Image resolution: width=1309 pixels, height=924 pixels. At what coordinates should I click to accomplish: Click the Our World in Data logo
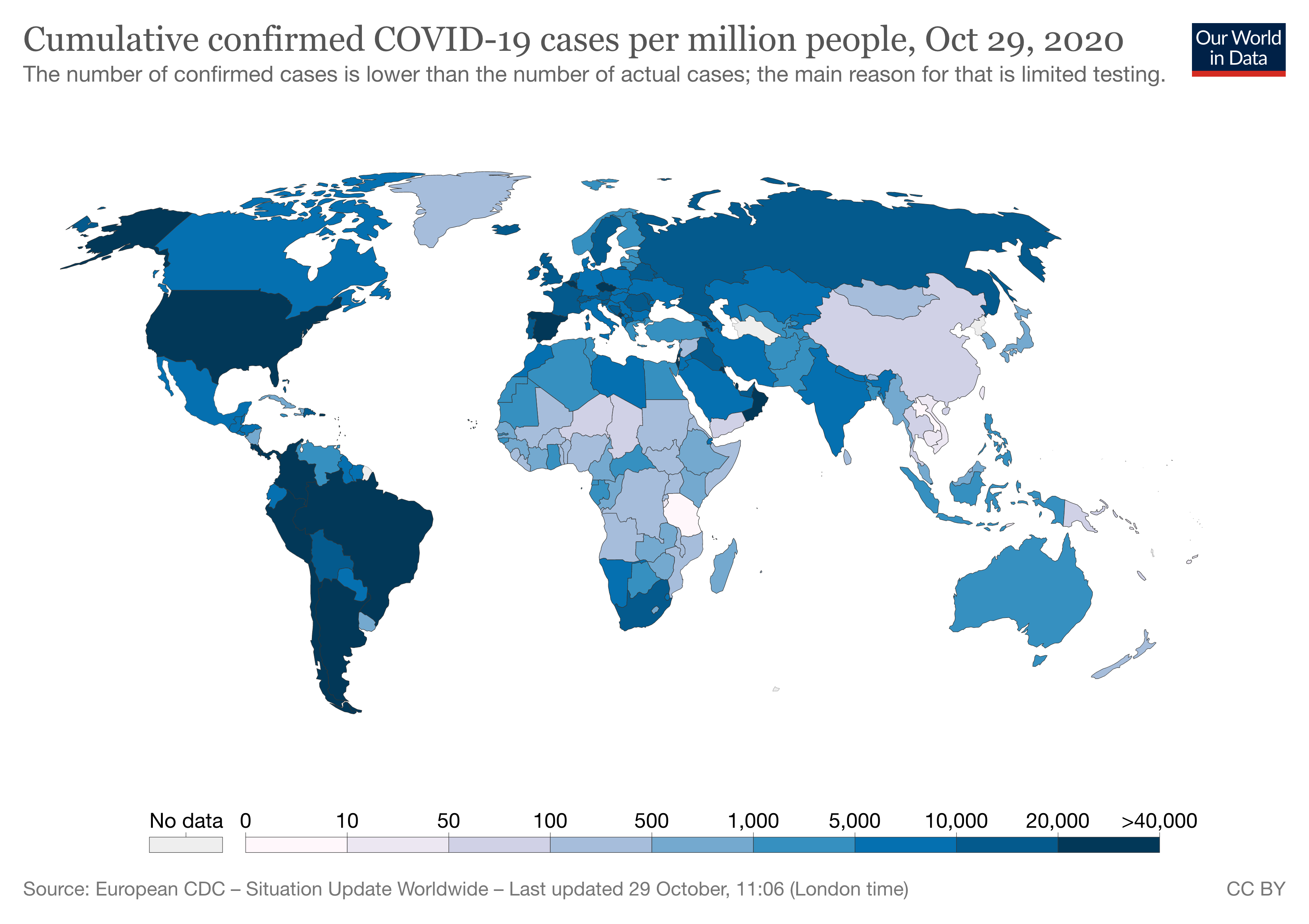[1238, 49]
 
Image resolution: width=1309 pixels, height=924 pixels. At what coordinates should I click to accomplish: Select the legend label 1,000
[753, 821]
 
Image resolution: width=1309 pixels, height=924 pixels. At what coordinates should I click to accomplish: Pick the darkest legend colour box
[1108, 844]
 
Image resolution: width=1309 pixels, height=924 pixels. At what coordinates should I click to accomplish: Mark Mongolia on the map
[881, 299]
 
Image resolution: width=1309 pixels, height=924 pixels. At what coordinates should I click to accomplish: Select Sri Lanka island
[847, 457]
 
